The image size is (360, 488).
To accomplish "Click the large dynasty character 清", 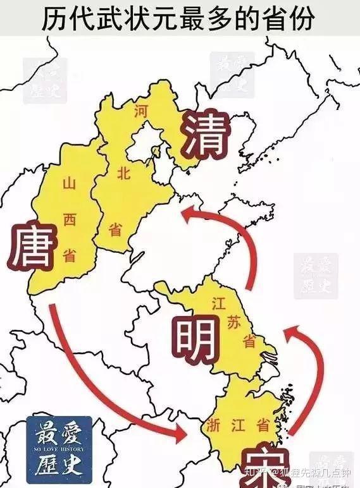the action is [x=205, y=135].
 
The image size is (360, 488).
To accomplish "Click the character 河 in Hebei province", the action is [x=140, y=111].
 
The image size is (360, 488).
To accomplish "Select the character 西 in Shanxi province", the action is [x=69, y=219].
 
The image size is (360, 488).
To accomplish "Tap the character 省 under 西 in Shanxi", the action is [x=69, y=255].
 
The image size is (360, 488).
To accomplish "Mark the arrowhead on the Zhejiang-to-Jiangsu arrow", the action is [x=292, y=333].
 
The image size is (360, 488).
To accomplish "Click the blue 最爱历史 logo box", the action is [x=58, y=449].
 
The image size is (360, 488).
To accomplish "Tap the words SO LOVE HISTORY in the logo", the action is [x=58, y=442].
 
